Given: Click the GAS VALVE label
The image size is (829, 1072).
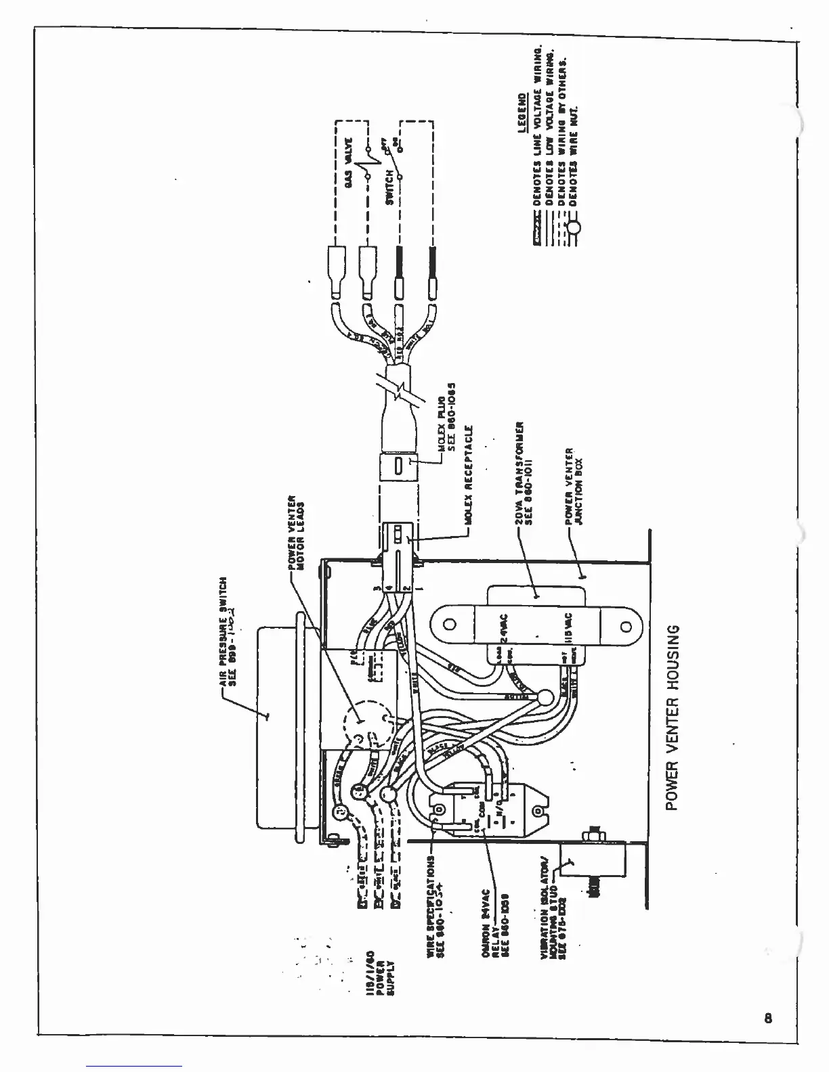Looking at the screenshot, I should (x=349, y=155).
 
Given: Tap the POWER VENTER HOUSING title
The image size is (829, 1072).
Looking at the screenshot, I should (x=672, y=718).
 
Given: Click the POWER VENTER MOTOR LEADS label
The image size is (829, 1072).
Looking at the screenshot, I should (x=296, y=534).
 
